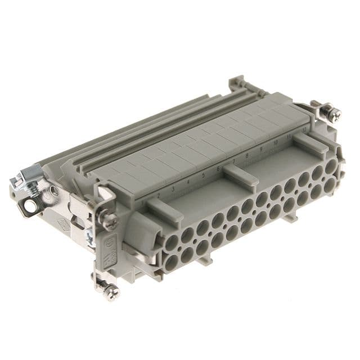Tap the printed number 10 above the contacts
(276, 143)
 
